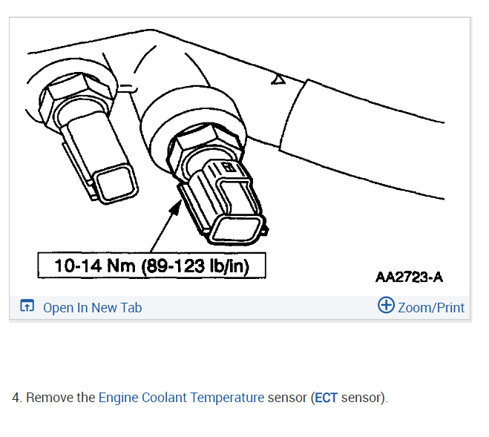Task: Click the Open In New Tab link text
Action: pos(92,308)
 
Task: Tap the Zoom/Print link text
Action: pos(431,308)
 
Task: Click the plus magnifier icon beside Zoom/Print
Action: pos(386,305)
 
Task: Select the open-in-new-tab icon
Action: pos(27,306)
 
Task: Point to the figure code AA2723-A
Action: pos(409,277)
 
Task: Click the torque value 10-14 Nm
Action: pos(95,266)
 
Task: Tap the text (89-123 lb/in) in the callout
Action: pos(196,266)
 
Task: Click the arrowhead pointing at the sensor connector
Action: pos(176,207)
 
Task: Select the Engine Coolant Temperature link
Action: pos(182,398)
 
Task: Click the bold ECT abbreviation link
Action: pos(326,398)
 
